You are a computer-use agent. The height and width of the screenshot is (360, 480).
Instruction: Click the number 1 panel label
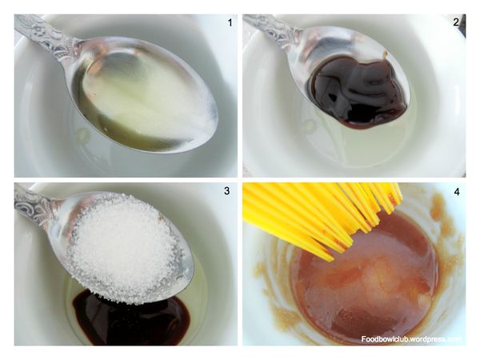pos(230,22)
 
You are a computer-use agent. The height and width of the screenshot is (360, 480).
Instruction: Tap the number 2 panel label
pos(456,22)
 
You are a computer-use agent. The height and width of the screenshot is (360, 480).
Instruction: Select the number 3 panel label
pos(226,190)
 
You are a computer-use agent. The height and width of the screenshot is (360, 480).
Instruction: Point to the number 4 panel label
pos(457,192)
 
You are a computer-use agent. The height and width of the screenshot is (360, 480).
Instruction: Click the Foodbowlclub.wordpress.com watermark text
pos(411,339)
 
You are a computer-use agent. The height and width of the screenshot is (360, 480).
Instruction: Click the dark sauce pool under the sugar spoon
pos(132,322)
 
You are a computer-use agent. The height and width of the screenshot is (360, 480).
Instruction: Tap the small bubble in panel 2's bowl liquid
pos(309,125)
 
